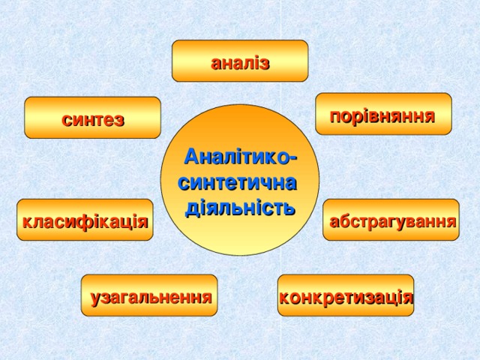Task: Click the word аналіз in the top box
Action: pos(240,63)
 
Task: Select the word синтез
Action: pos(93,119)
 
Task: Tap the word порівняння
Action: pos(382,117)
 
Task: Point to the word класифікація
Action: pos(85,221)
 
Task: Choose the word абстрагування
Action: pos(393,222)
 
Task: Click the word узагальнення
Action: pos(151,298)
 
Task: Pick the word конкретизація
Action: pos(346,297)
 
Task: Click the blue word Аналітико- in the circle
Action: pos(241,157)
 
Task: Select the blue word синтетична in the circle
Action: pos(238,183)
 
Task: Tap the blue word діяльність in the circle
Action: pos(240,208)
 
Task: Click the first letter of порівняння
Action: pos(335,117)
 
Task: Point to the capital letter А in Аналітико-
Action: pos(192,157)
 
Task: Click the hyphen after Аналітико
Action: pos(293,159)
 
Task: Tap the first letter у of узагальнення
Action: pos(95,299)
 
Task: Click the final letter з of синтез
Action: pos(119,120)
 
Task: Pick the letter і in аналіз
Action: pos(256,63)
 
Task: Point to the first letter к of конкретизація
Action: pos(285,298)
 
